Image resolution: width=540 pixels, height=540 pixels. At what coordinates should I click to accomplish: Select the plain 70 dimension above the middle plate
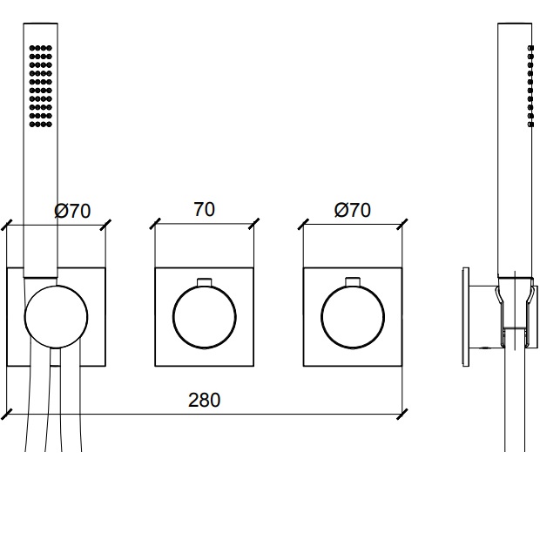[x=205, y=209]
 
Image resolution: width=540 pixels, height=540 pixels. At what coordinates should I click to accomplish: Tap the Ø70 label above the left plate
[x=71, y=210]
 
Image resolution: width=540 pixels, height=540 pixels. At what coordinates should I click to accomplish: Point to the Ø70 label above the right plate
[x=351, y=210]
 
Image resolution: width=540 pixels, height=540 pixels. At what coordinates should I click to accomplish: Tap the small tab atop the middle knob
[x=205, y=280]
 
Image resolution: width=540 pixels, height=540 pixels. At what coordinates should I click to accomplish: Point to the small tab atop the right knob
[x=353, y=280]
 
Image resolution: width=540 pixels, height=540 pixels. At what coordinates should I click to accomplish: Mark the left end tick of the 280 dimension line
[x=7, y=412]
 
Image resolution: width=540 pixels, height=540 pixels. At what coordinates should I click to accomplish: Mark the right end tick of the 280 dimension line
[x=402, y=412]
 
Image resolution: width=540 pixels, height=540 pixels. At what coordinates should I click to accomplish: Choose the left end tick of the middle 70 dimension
[x=155, y=225]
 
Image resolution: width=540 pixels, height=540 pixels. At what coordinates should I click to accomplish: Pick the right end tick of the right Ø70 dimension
[x=402, y=225]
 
